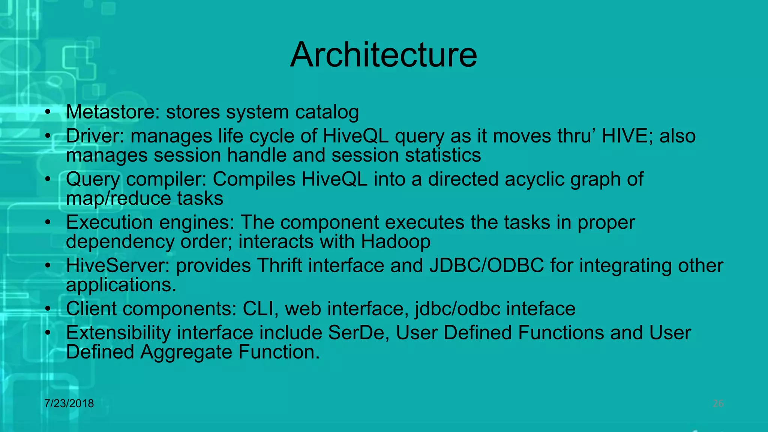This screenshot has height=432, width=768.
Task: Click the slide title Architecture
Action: coord(384,55)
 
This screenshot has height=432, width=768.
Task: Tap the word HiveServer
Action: coord(118,265)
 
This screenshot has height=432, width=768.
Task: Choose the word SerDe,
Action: coord(359,333)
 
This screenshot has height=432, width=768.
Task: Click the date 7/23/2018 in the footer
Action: coord(69,403)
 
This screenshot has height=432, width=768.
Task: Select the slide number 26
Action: coord(718,403)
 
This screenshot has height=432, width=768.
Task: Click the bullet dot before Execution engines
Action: coord(47,223)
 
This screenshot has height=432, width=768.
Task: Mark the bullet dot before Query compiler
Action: coord(47,180)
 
